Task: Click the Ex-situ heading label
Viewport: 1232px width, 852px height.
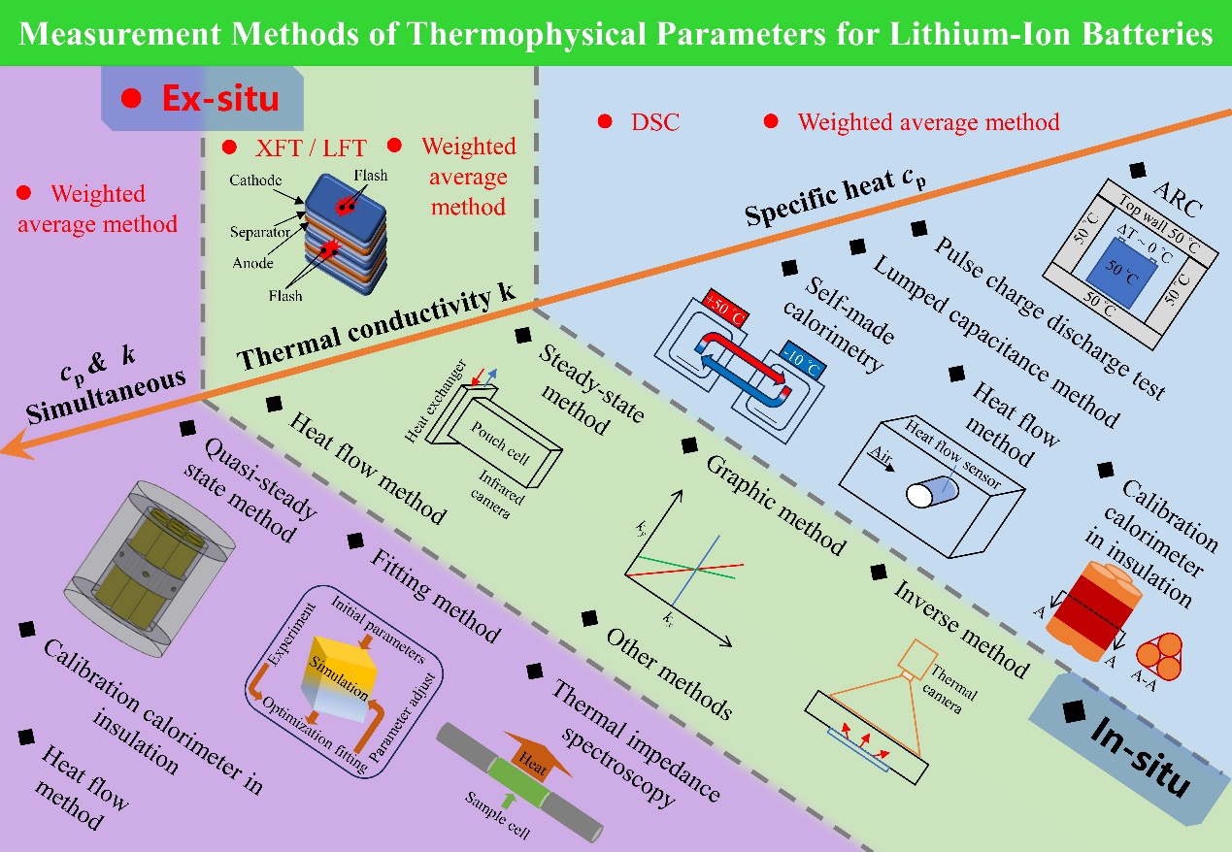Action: coord(204,99)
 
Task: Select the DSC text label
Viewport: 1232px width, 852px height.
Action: coord(655,122)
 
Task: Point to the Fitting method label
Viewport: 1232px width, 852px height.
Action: coord(435,598)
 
